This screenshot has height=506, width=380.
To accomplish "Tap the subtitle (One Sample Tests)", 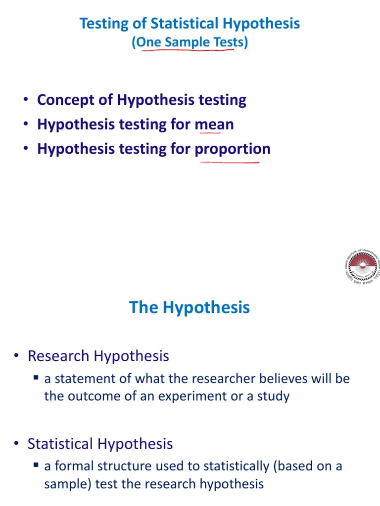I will click(190, 42).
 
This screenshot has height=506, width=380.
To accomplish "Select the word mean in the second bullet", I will click(214, 124).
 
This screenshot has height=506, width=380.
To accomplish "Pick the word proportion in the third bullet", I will click(233, 149).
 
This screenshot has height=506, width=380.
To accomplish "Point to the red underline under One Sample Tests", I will click(188, 50).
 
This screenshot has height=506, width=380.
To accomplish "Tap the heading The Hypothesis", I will click(190, 307).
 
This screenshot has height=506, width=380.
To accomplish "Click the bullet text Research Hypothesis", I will click(98, 356).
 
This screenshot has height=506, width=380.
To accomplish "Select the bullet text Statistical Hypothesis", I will click(100, 444).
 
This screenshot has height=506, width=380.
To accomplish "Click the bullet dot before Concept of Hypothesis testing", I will click(25, 100).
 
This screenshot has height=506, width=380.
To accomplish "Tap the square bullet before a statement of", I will click(36, 379).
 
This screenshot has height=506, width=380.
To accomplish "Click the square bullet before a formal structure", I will click(36, 466).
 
